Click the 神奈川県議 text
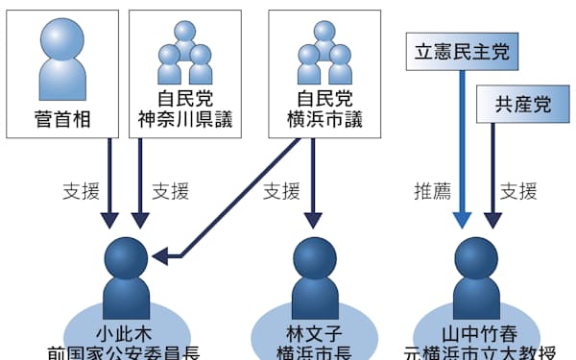point(185,122)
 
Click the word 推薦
point(431,190)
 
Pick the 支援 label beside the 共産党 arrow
point(519,190)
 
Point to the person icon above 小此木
point(124,272)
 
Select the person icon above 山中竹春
point(475,272)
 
